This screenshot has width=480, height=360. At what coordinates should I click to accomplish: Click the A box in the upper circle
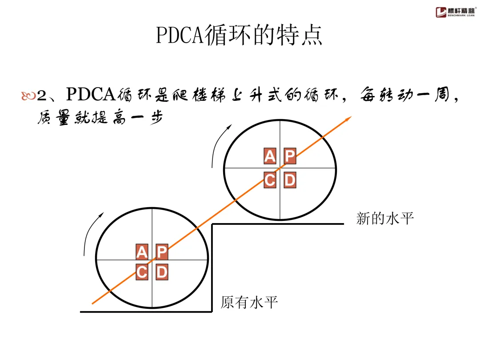point(270,156)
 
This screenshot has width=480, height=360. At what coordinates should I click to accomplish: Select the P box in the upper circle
point(290,156)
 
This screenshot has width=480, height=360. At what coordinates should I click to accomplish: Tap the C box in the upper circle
point(270,180)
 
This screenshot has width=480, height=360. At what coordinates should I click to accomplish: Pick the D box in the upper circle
point(290,180)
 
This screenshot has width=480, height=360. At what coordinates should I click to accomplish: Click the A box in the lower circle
point(142,252)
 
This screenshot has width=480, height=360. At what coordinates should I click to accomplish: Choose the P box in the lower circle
point(162,252)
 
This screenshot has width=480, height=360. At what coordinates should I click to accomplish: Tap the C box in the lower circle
point(142,272)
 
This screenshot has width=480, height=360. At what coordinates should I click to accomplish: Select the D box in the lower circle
point(162,272)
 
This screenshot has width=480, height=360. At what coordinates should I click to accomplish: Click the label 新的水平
point(385,218)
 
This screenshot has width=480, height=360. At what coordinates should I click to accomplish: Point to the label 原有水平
point(249,303)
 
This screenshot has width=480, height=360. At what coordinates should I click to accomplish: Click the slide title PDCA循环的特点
point(239,36)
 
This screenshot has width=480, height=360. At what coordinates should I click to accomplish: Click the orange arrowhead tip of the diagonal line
point(350,117)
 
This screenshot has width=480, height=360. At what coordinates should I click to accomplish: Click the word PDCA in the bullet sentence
point(91,95)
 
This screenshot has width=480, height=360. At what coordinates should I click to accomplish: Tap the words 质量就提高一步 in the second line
point(98,118)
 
